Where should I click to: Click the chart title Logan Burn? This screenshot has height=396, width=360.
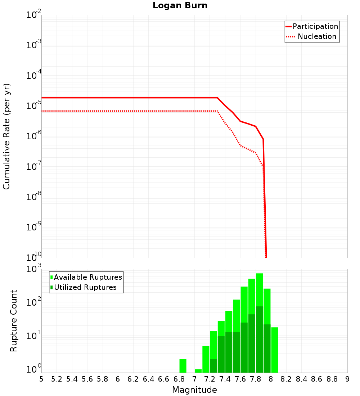[180, 6]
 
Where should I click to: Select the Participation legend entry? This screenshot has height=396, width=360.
[312, 26]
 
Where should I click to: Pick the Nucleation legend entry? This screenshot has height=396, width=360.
[312, 36]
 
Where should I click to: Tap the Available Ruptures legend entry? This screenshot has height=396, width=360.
[86, 277]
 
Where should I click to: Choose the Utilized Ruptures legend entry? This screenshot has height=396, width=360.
[84, 287]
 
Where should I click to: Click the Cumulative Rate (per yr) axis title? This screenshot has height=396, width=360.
[7, 136]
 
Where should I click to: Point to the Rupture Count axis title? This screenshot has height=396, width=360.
[14, 321]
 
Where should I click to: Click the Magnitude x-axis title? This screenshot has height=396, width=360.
[194, 390]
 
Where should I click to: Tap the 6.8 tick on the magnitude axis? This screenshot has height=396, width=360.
[179, 379]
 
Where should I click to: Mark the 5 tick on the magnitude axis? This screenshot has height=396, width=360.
[41, 379]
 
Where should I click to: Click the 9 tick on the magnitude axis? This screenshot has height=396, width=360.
[347, 379]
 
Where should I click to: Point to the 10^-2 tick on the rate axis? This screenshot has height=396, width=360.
[34, 15]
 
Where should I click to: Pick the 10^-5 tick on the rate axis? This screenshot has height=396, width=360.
[34, 106]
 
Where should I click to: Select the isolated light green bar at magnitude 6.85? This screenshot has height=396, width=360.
[183, 366]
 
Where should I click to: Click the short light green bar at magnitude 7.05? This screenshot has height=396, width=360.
[198, 371]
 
